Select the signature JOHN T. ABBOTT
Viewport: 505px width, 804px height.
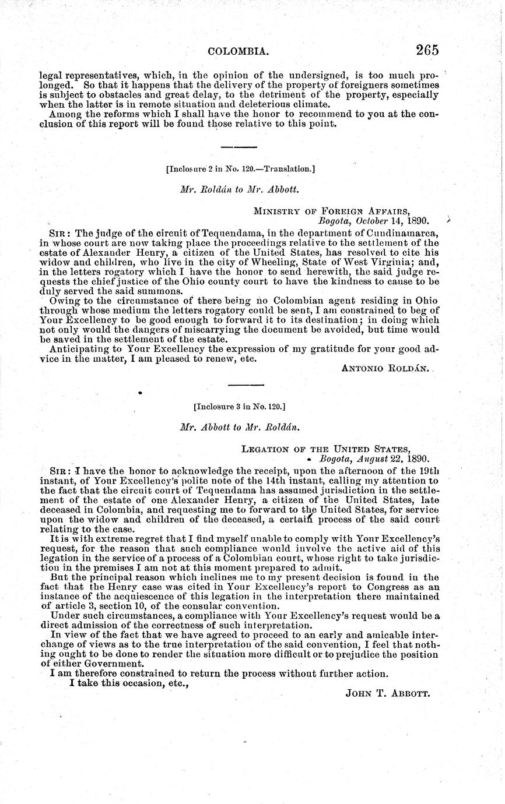pyautogui.click(x=387, y=694)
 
